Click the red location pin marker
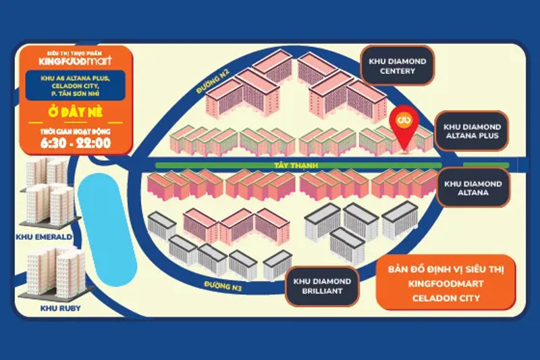pos(405,125)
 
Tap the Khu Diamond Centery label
pos(398,66)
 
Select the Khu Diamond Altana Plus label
pos(472,131)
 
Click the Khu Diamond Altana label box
pos(472,188)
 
